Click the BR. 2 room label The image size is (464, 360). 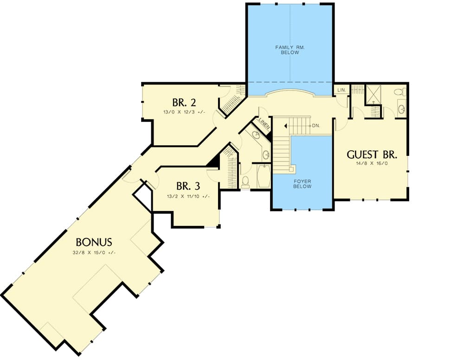pos(180,103)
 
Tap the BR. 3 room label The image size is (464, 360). pos(188,186)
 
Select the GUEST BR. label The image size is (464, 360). pos(372,155)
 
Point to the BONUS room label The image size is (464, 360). pos(94,242)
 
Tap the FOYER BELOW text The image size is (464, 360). pos(302,184)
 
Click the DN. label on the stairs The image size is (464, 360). pos(316,126)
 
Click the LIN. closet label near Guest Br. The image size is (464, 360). pos(341,90)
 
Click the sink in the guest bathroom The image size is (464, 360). pos(402,109)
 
